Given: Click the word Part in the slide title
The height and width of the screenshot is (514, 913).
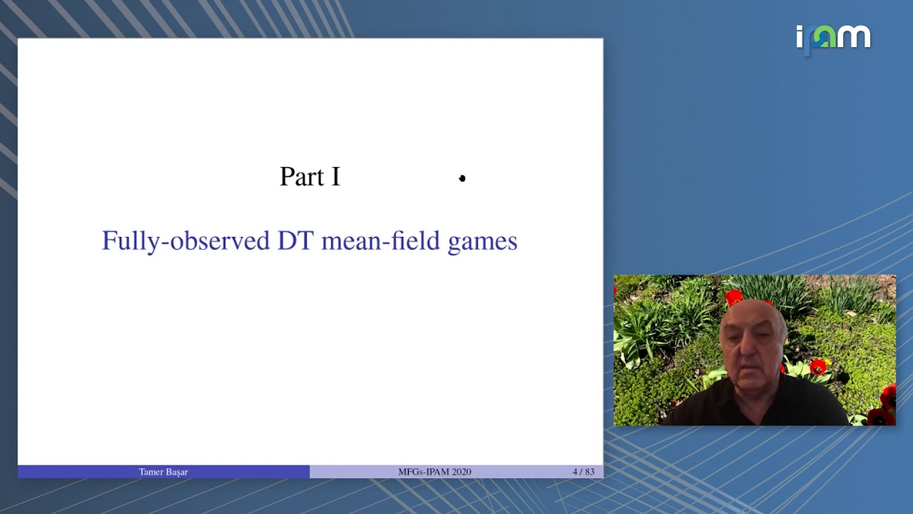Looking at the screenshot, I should pyautogui.click(x=299, y=177).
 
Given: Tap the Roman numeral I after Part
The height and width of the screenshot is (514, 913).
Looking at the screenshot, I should pyautogui.click(x=335, y=177).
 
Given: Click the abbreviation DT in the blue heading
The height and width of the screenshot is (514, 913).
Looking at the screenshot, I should pyautogui.click(x=295, y=241).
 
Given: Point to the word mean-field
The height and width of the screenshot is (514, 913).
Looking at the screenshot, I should pyautogui.click(x=380, y=241).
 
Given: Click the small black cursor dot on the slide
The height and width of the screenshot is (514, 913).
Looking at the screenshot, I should pyautogui.click(x=462, y=178).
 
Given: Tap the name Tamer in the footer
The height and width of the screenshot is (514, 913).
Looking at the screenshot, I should pyautogui.click(x=151, y=472).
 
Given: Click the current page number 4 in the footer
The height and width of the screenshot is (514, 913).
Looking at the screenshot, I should pyautogui.click(x=575, y=472).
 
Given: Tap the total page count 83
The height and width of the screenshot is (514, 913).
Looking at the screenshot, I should pyautogui.click(x=588, y=472).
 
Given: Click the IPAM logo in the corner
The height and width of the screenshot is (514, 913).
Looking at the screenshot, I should pyautogui.click(x=833, y=38).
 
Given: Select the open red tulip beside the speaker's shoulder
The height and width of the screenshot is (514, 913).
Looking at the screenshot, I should pyautogui.click(x=817, y=368).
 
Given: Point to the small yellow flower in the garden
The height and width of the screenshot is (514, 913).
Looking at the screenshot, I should pyautogui.click(x=850, y=314).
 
